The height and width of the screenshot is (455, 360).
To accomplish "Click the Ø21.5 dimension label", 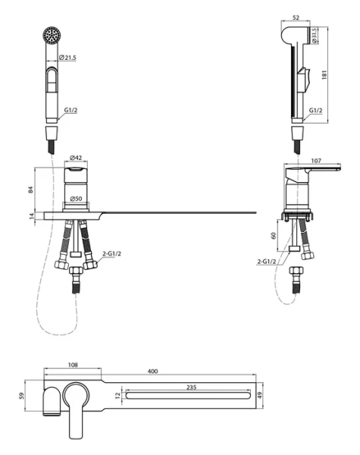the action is (x=67, y=58).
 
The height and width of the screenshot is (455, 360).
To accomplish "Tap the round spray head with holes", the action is (x=52, y=36).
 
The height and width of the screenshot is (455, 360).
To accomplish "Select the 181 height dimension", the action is (x=324, y=74).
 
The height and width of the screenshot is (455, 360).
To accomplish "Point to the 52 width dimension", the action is (x=296, y=17).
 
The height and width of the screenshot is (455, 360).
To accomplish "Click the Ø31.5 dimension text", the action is (x=315, y=36).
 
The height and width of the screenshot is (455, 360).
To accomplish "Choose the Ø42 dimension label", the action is (x=76, y=158).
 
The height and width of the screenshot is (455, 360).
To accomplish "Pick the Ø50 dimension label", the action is (x=76, y=199).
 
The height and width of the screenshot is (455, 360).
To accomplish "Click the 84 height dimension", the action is (x=31, y=190).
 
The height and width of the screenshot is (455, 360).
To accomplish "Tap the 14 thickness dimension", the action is (x=31, y=216).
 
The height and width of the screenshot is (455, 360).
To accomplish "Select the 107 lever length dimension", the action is (x=316, y=161).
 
